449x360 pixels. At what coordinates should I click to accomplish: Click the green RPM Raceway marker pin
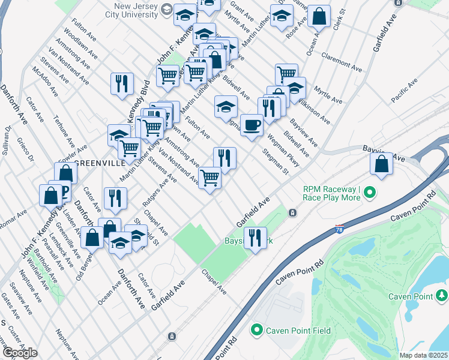(x=370, y=193)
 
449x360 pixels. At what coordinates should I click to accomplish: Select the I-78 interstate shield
(x=340, y=229)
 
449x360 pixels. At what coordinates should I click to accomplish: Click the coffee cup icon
(x=252, y=125)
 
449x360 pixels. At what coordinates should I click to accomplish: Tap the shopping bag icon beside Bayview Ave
(x=382, y=163)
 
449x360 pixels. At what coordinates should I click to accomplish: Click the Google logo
(x=20, y=352)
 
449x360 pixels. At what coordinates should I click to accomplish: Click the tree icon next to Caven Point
(x=442, y=296)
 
